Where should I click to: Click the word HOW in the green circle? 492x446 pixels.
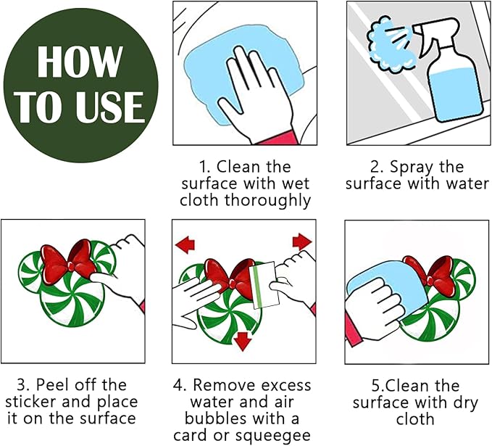point(80,61)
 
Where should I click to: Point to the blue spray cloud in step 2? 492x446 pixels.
point(390,45)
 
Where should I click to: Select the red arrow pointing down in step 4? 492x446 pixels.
point(243,341)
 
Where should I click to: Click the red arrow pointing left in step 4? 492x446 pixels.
point(185,244)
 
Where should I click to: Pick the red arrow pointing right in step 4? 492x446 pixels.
point(302,241)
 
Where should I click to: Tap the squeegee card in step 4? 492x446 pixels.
point(264,285)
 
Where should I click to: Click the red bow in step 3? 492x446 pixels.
point(70,262)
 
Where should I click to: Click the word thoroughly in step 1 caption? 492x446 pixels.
point(268,200)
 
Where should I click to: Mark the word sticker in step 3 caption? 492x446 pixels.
point(31,402)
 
